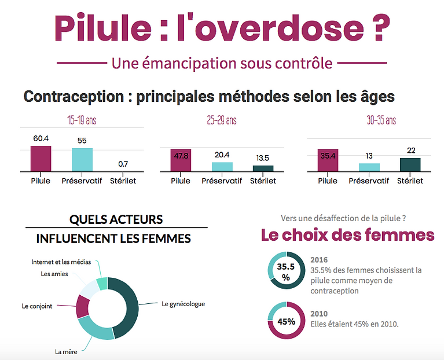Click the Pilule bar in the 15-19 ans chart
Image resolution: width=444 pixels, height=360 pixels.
(41, 158)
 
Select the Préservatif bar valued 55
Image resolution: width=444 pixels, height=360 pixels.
(82, 159)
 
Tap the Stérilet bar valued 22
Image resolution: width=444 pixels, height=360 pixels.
(410, 164)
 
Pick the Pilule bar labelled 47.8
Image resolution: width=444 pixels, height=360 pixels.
(181, 160)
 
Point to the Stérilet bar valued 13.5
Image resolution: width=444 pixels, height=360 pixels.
(263, 168)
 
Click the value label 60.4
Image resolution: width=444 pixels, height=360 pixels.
(41, 139)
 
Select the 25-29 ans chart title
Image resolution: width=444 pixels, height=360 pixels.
(222, 120)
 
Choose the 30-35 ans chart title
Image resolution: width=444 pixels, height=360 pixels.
(381, 120)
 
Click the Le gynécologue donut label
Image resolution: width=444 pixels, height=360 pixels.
(183, 303)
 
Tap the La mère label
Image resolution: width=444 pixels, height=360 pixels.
(67, 351)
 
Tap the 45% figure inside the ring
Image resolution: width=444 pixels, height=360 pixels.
(285, 321)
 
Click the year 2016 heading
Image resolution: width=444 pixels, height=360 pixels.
(319, 260)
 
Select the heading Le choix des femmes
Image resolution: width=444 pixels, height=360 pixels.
(347, 235)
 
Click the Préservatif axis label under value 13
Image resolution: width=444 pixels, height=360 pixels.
(369, 181)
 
